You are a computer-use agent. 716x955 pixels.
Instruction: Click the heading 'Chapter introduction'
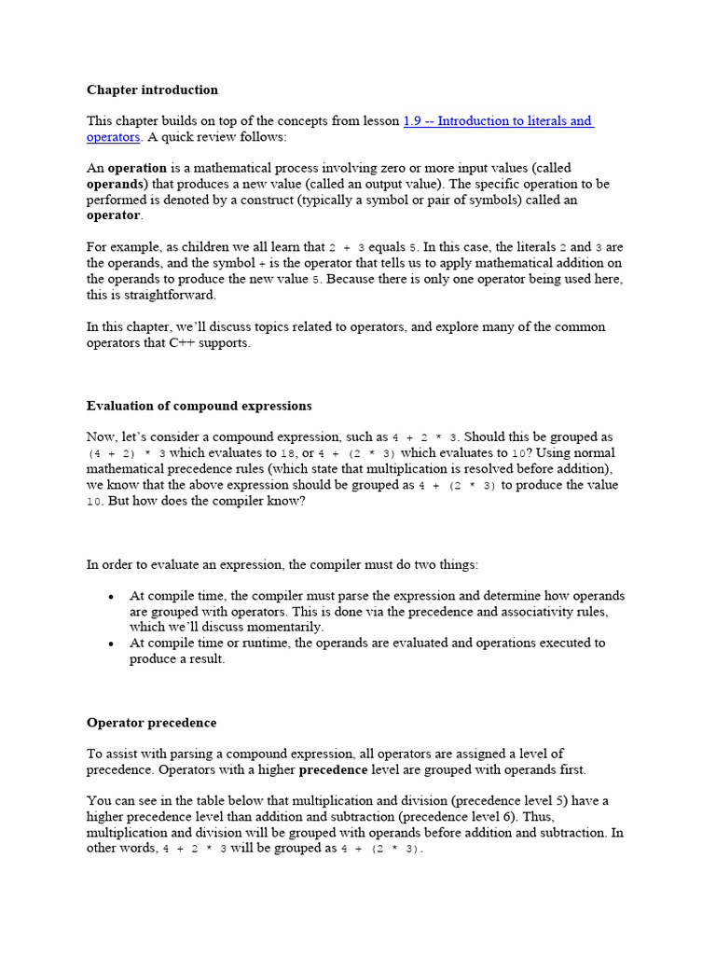pos(152,90)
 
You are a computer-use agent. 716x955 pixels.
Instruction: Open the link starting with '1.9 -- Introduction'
pos(498,121)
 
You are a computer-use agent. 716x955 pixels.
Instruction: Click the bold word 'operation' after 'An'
pos(136,168)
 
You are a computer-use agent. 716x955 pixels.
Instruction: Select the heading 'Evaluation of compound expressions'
pos(199,406)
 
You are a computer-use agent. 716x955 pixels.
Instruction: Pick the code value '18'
pos(288,453)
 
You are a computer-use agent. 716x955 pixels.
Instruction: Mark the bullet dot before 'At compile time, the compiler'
pos(112,596)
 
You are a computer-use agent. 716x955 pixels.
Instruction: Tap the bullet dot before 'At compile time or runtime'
pos(112,644)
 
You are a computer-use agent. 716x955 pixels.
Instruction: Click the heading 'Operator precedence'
pos(151,723)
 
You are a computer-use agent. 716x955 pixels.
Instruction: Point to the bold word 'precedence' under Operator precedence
pos(333,770)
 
